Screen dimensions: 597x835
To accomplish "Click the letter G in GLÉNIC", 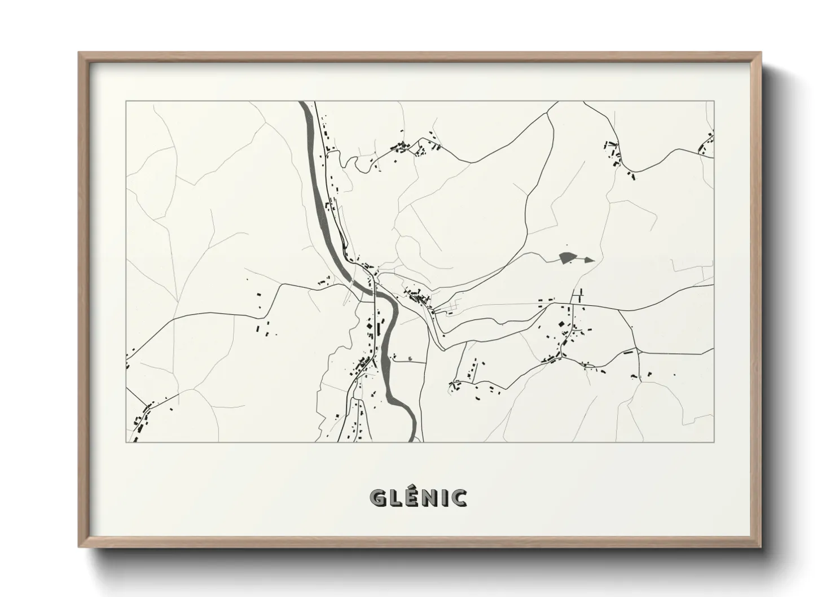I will (x=377, y=498).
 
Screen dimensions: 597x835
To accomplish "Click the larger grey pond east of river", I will (x=568, y=258).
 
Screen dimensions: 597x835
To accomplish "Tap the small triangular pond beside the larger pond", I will (x=588, y=260).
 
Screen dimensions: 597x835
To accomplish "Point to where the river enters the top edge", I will (x=304, y=103).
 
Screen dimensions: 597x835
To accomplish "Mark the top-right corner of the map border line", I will (x=714, y=102).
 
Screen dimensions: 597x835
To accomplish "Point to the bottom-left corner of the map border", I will (x=126, y=442).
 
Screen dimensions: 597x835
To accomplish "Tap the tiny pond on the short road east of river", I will (x=410, y=358).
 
